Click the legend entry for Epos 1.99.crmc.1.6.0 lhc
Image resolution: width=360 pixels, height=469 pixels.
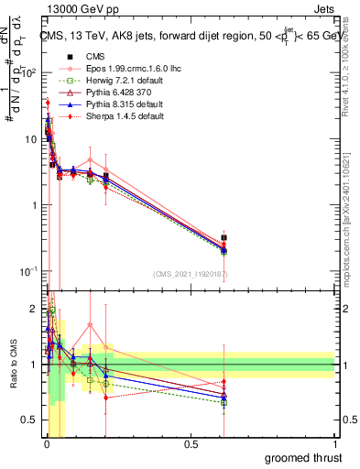[115, 68]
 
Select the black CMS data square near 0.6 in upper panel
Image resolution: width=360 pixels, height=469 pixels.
[224, 238]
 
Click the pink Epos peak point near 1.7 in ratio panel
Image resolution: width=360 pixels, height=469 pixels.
[90, 324]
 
